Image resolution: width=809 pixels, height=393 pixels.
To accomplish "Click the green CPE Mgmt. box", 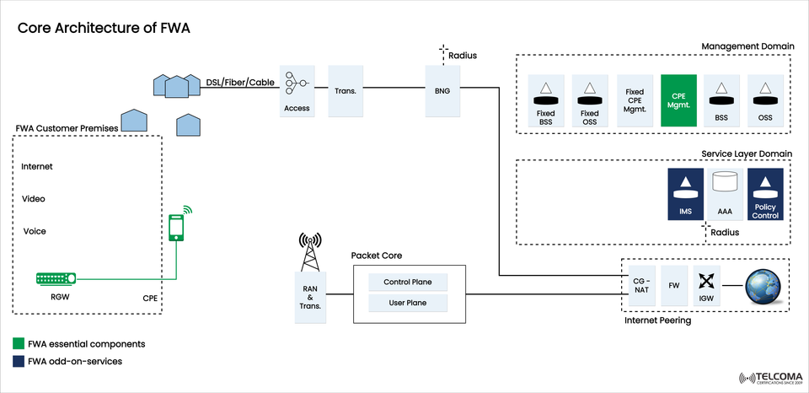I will [679, 100].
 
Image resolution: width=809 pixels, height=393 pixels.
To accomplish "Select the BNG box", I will [442, 89].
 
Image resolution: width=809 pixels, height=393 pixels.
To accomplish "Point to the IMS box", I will [685, 195].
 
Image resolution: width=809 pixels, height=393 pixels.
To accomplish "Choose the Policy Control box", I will [765, 195].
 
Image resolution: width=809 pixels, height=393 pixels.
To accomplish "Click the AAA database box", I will [726, 195].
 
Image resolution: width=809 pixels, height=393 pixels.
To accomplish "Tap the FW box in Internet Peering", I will [672, 285].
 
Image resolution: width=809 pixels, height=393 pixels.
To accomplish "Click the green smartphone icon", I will [176, 226].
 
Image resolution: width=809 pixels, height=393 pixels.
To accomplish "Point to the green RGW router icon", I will [56, 278].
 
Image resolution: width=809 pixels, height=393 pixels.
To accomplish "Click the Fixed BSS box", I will [545, 100].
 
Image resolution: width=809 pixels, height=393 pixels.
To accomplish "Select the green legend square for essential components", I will [19, 344].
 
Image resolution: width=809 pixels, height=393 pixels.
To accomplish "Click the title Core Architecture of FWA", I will [104, 29].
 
